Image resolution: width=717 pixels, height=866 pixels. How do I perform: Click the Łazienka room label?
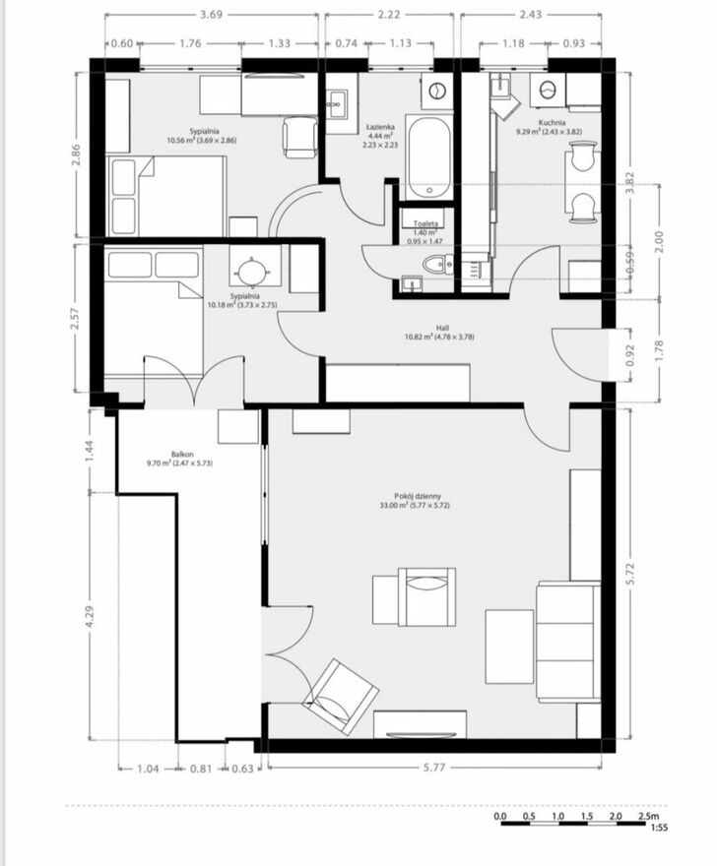[380, 127]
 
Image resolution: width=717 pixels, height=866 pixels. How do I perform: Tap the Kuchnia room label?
[552, 123]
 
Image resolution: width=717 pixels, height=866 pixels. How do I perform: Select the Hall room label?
[441, 328]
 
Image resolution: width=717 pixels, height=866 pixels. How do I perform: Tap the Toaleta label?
[425, 223]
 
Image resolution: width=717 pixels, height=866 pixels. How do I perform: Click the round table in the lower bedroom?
[253, 272]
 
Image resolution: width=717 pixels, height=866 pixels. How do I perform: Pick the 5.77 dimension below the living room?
[434, 768]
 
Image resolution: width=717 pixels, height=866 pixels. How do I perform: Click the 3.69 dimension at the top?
[211, 15]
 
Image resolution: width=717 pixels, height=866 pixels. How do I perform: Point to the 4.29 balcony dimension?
[91, 616]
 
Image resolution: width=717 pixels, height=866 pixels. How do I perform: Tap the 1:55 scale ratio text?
[659, 828]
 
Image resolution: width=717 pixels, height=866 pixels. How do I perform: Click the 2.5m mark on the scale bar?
[648, 816]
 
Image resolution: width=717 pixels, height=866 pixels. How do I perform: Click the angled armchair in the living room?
[340, 697]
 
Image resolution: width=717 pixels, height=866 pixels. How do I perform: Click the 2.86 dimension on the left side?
[76, 155]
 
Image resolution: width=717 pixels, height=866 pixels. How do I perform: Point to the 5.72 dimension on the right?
[631, 575]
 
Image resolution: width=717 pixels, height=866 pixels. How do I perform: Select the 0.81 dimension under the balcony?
[201, 769]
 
